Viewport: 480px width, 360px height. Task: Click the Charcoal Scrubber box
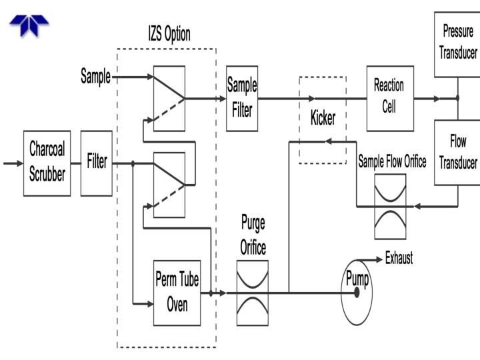(47, 163)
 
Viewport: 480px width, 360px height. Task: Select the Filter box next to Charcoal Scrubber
(97, 163)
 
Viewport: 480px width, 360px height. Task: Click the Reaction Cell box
(389, 98)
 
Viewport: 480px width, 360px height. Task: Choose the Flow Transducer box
(457, 153)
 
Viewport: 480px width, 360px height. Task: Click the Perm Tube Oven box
(177, 293)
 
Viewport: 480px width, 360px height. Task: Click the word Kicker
(323, 119)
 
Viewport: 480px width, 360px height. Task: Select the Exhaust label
(399, 259)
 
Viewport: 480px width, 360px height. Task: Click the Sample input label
(95, 76)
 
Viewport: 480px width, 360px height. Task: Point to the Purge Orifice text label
(253, 235)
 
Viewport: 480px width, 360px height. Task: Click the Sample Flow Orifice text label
(392, 162)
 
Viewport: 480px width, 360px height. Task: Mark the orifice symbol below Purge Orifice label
(252, 292)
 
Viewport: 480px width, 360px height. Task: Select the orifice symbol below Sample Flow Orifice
(390, 206)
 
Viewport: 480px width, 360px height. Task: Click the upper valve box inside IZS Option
(169, 99)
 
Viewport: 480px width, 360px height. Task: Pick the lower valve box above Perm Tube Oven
(169, 184)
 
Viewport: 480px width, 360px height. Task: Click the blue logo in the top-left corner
(29, 25)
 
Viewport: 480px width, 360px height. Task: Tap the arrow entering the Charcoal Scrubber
(12, 163)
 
